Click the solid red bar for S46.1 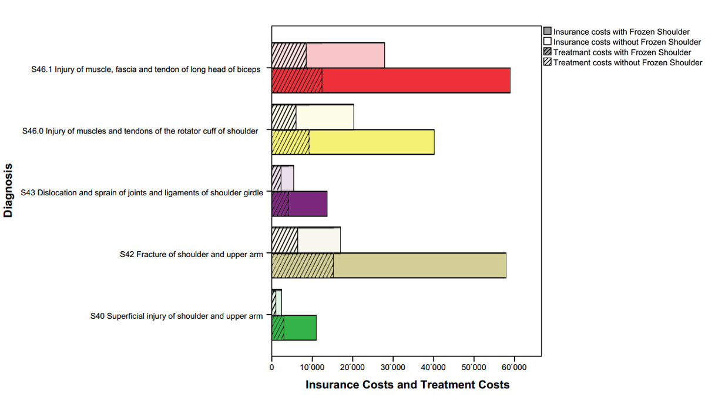[416, 81]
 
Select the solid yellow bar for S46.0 [371, 142]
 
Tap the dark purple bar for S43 [308, 204]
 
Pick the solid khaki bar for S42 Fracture [419, 266]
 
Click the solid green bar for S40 [300, 328]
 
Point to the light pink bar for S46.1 [345, 55]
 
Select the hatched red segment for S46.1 [297, 81]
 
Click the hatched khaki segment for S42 [302, 266]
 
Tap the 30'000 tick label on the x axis [392, 368]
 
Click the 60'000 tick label [514, 368]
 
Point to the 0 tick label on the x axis [271, 368]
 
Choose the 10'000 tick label [312, 368]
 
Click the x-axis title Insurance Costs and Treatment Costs [407, 385]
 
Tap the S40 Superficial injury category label [176, 316]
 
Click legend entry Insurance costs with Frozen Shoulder [623, 32]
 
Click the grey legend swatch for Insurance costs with [548, 32]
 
